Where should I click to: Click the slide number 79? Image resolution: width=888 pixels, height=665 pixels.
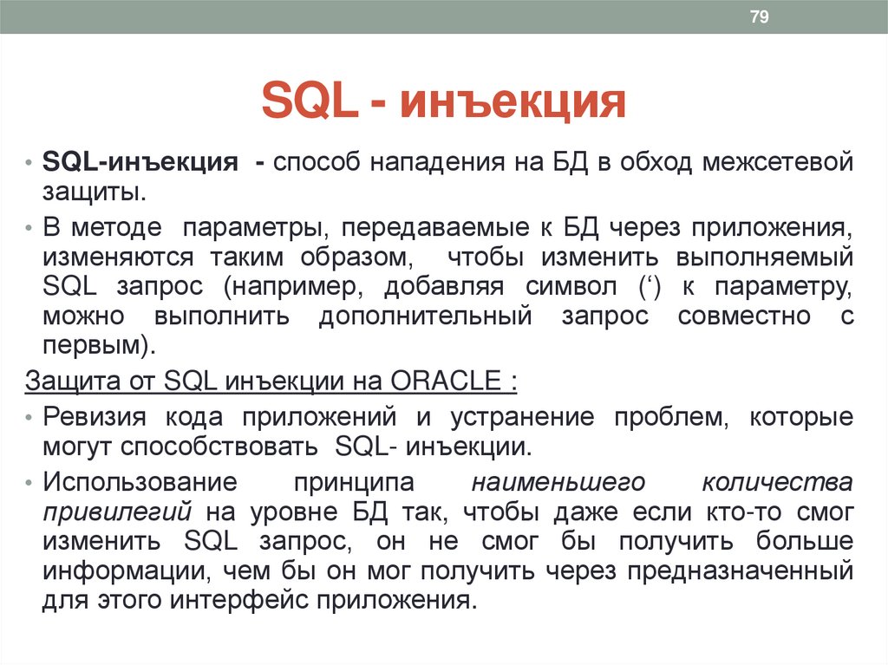[x=760, y=17]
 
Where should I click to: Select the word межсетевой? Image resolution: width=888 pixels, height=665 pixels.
[x=778, y=162]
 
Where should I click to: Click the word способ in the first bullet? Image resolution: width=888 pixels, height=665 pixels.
[x=320, y=162]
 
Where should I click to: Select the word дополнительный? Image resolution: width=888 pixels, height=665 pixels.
[x=425, y=316]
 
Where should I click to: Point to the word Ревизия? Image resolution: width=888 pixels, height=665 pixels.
[x=97, y=417]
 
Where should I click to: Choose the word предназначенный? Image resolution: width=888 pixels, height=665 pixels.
[x=748, y=571]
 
